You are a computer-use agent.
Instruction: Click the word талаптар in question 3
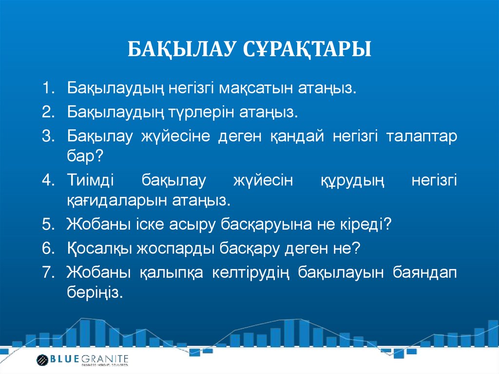click(422, 136)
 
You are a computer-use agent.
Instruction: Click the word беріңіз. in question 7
click(94, 293)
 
